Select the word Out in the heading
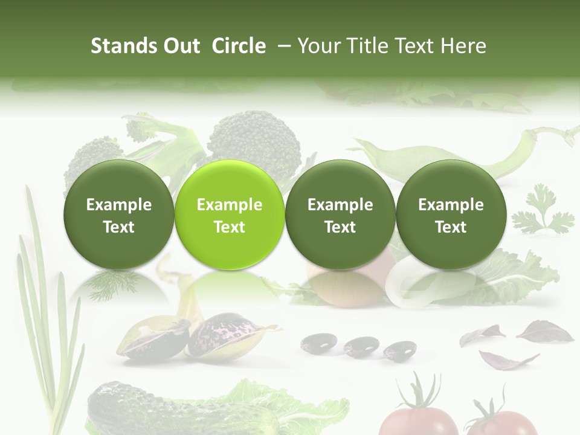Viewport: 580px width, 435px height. point(181,46)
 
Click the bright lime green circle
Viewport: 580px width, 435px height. point(229,215)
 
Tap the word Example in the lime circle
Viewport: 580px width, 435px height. point(230,205)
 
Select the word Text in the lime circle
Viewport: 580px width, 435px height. point(230,227)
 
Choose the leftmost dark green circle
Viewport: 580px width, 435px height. point(118,215)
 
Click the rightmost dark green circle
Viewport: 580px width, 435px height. point(451,215)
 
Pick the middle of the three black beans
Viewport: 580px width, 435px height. point(361,346)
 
